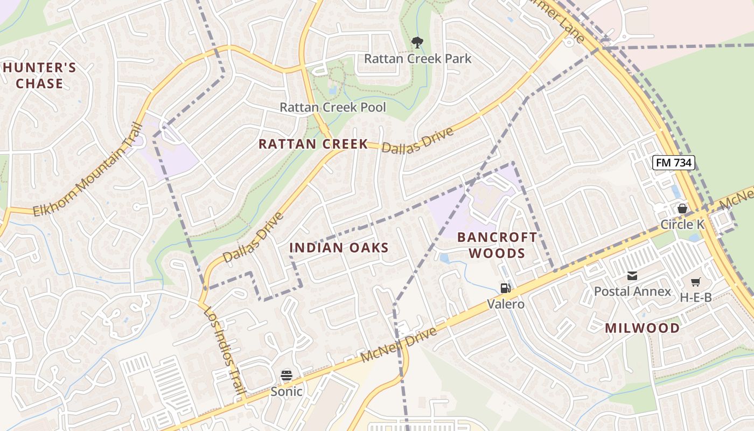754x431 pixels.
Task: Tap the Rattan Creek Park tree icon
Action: pos(417,42)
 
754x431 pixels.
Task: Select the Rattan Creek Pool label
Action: pos(332,107)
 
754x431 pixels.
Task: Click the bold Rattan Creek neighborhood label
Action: pos(313,144)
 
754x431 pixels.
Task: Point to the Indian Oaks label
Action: pos(339,248)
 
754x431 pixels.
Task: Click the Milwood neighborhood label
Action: pos(642,328)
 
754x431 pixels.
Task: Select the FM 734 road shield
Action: pos(673,162)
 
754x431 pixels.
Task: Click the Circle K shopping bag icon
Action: pos(682,208)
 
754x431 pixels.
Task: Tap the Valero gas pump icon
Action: pos(505,288)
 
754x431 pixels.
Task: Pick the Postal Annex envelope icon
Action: pos(632,276)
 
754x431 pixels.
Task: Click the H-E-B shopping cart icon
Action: pos(695,281)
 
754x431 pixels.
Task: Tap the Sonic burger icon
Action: pos(287,375)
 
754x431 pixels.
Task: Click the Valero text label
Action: pos(506,304)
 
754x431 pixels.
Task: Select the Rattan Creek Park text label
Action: pos(417,58)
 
